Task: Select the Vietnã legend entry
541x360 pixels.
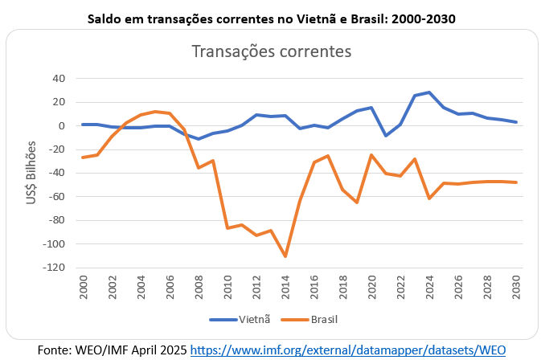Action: tap(238, 320)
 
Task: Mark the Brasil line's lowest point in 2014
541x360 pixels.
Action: tap(285, 256)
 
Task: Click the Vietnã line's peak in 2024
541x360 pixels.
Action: tap(429, 92)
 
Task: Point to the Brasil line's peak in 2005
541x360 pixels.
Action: tap(155, 112)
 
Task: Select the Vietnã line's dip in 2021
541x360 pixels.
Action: tap(386, 136)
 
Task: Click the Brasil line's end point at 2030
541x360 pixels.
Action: tap(515, 182)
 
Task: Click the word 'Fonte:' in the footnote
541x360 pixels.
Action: tap(56, 350)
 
